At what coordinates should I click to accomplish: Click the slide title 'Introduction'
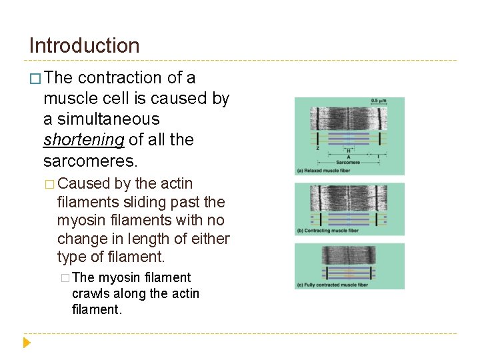pos(85,46)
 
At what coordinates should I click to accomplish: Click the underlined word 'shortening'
pos(83,140)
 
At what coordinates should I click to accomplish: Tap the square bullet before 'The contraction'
pos(35,79)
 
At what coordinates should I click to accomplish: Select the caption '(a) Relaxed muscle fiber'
pos(328,171)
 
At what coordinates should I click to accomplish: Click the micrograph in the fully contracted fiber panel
pos(349,255)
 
